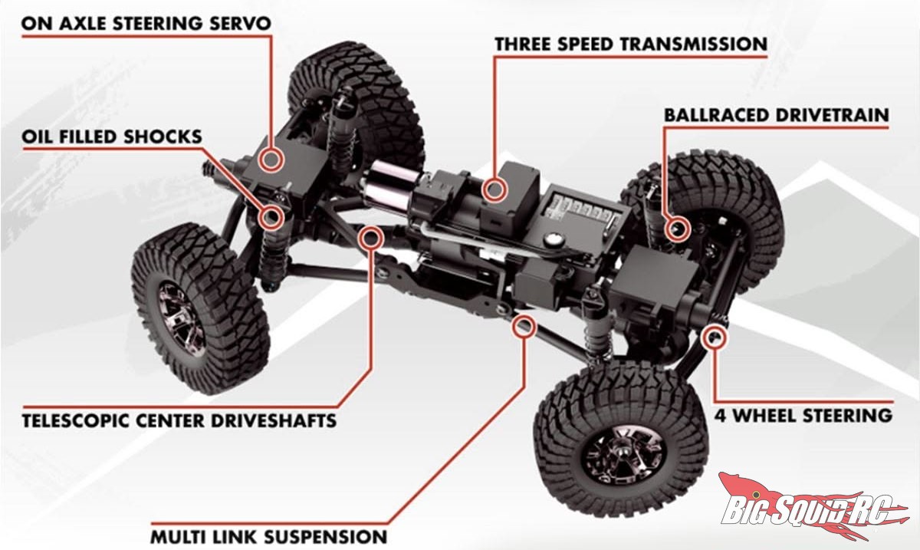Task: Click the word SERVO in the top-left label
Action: coord(240,24)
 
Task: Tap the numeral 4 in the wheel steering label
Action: coord(721,416)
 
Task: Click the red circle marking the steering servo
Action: coord(271,159)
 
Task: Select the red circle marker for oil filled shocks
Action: coord(271,216)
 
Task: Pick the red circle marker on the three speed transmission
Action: coord(494,189)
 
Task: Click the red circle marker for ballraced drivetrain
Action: coord(676,229)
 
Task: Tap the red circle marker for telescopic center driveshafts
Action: coord(370,238)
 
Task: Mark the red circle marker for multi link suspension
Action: coord(524,326)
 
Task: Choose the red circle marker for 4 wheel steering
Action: coord(715,337)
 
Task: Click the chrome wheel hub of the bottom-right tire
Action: coord(623,455)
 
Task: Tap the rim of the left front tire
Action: coord(181,318)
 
